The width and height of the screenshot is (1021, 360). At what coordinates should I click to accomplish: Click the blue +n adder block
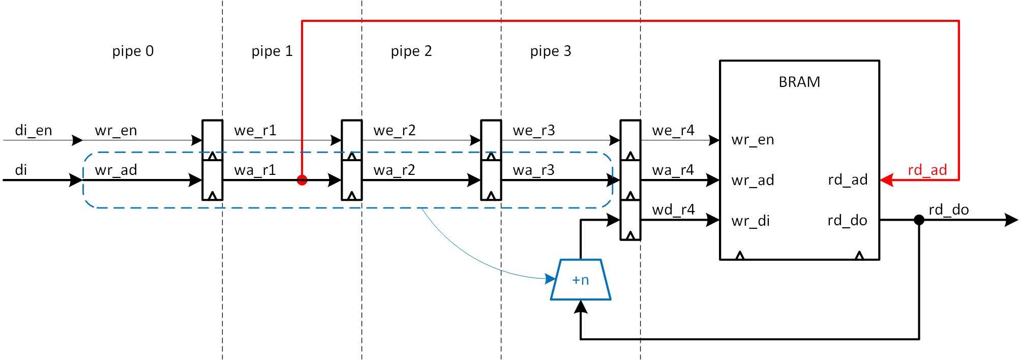(581, 280)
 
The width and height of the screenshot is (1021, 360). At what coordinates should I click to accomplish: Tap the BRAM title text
(799, 82)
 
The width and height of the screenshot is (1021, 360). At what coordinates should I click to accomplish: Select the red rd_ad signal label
(927, 170)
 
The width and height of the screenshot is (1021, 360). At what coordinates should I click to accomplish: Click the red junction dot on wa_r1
(302, 180)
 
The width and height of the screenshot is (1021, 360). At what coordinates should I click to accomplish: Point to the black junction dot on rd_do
(919, 220)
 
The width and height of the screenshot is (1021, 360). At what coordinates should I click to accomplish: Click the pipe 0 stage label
(133, 51)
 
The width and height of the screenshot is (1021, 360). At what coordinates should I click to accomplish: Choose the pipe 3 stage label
(551, 51)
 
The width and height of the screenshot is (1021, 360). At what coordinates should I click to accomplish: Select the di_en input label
(34, 131)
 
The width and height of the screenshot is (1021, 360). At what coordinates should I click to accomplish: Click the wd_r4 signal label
(673, 209)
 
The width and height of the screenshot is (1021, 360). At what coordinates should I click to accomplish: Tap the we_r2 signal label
(395, 131)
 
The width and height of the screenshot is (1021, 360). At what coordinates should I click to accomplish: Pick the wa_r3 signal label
(533, 170)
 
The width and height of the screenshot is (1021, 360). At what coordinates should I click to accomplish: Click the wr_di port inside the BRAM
(750, 221)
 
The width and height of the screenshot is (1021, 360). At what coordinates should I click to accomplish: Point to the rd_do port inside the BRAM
(847, 220)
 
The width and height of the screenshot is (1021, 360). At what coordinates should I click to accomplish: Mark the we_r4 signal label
(673, 131)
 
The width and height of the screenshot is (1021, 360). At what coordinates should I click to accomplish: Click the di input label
(21, 170)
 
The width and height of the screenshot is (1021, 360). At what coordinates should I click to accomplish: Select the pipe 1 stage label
(272, 51)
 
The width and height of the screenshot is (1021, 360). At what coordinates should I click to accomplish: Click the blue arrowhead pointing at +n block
(551, 279)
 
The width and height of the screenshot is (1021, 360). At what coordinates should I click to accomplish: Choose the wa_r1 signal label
(255, 170)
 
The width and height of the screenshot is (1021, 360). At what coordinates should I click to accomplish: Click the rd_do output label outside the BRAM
(949, 209)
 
